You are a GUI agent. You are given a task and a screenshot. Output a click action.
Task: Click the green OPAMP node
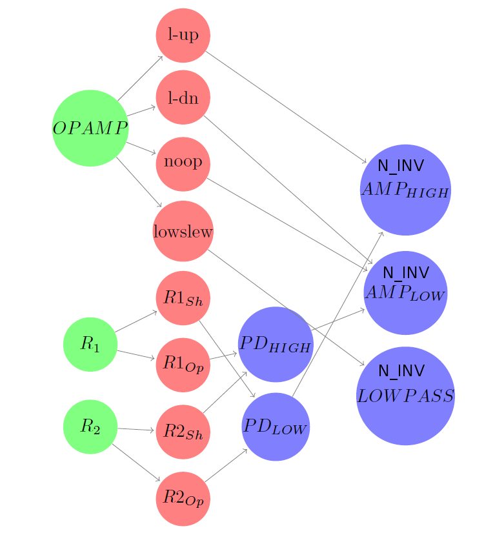click(90, 128)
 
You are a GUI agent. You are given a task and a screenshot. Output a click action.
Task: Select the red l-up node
click(183, 35)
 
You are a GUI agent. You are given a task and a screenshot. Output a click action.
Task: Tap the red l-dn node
click(183, 98)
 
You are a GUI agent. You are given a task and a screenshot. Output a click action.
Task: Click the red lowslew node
click(183, 231)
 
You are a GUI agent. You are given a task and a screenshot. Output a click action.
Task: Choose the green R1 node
click(90, 345)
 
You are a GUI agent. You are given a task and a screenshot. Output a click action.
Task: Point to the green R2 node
click(90, 427)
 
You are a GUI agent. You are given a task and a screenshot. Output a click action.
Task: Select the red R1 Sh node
click(183, 298)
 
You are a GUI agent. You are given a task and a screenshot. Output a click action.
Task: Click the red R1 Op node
click(183, 365)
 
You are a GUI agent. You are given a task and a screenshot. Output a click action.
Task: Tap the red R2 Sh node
click(183, 432)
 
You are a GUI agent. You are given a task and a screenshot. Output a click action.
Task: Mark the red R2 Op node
click(183, 498)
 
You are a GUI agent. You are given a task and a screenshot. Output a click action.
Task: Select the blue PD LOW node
click(276, 427)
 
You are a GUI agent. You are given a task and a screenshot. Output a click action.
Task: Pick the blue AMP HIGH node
click(405, 190)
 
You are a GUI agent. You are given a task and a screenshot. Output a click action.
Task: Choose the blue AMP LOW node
click(405, 293)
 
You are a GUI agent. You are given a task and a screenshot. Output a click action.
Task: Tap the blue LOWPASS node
click(405, 396)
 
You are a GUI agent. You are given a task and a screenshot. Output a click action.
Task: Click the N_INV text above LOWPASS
click(401, 371)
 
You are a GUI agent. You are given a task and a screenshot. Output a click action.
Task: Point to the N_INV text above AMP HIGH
click(401, 166)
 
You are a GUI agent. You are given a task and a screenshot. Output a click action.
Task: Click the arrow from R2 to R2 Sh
click(136, 429)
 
